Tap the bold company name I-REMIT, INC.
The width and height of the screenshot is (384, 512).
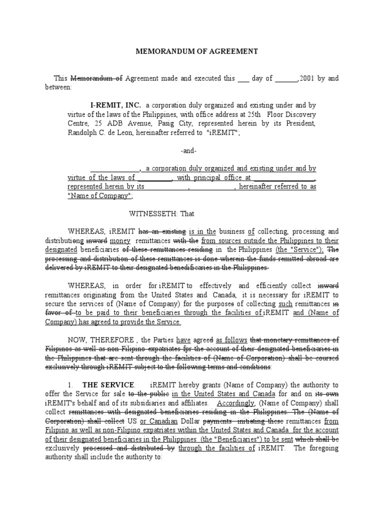(x=115, y=105)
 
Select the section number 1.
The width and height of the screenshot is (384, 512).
(x=71, y=384)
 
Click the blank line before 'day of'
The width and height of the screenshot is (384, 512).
(x=243, y=79)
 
